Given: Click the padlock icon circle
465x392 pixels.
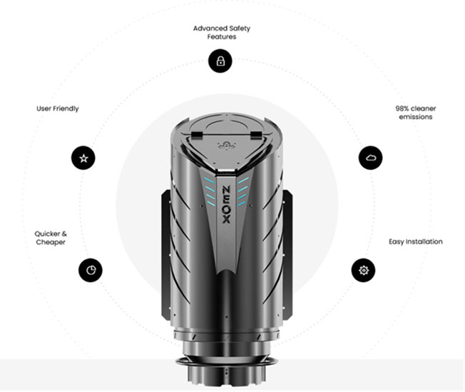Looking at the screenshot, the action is [220, 61].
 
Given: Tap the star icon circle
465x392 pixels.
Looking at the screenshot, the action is [83, 158].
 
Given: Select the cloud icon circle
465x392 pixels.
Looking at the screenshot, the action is [370, 158].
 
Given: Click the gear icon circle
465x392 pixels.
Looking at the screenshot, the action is [363, 270].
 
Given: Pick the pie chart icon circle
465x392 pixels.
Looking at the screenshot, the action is [91, 270].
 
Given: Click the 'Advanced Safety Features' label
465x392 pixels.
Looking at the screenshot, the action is [222, 32].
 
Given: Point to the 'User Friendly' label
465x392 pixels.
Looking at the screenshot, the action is [58, 109].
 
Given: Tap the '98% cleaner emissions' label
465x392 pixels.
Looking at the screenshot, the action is [416, 113].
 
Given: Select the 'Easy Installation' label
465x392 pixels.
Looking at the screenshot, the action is [416, 242].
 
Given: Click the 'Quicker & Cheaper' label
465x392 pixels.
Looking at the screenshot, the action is [51, 238].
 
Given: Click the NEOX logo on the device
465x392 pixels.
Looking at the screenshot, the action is [226, 205].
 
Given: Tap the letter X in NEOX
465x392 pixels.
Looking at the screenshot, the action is [226, 219].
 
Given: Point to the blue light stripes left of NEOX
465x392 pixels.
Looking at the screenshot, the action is [209, 191].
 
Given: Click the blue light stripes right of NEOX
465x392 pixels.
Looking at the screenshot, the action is [243, 191].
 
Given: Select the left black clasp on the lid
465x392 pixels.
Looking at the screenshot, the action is [196, 135].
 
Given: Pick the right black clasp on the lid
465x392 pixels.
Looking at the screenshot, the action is [255, 135].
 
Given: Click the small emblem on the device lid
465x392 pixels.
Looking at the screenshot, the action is [226, 146].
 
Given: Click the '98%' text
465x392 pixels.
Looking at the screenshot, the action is [402, 109].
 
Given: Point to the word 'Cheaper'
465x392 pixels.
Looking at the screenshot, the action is [51, 242].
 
